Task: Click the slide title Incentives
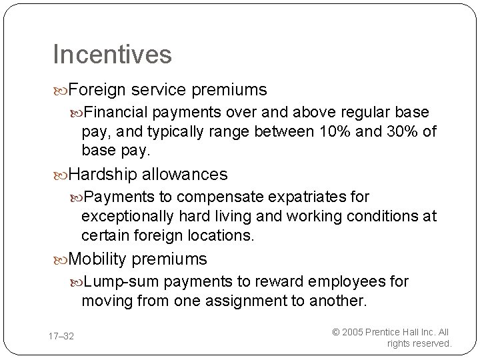(x=112, y=54)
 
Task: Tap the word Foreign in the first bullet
(x=99, y=89)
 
